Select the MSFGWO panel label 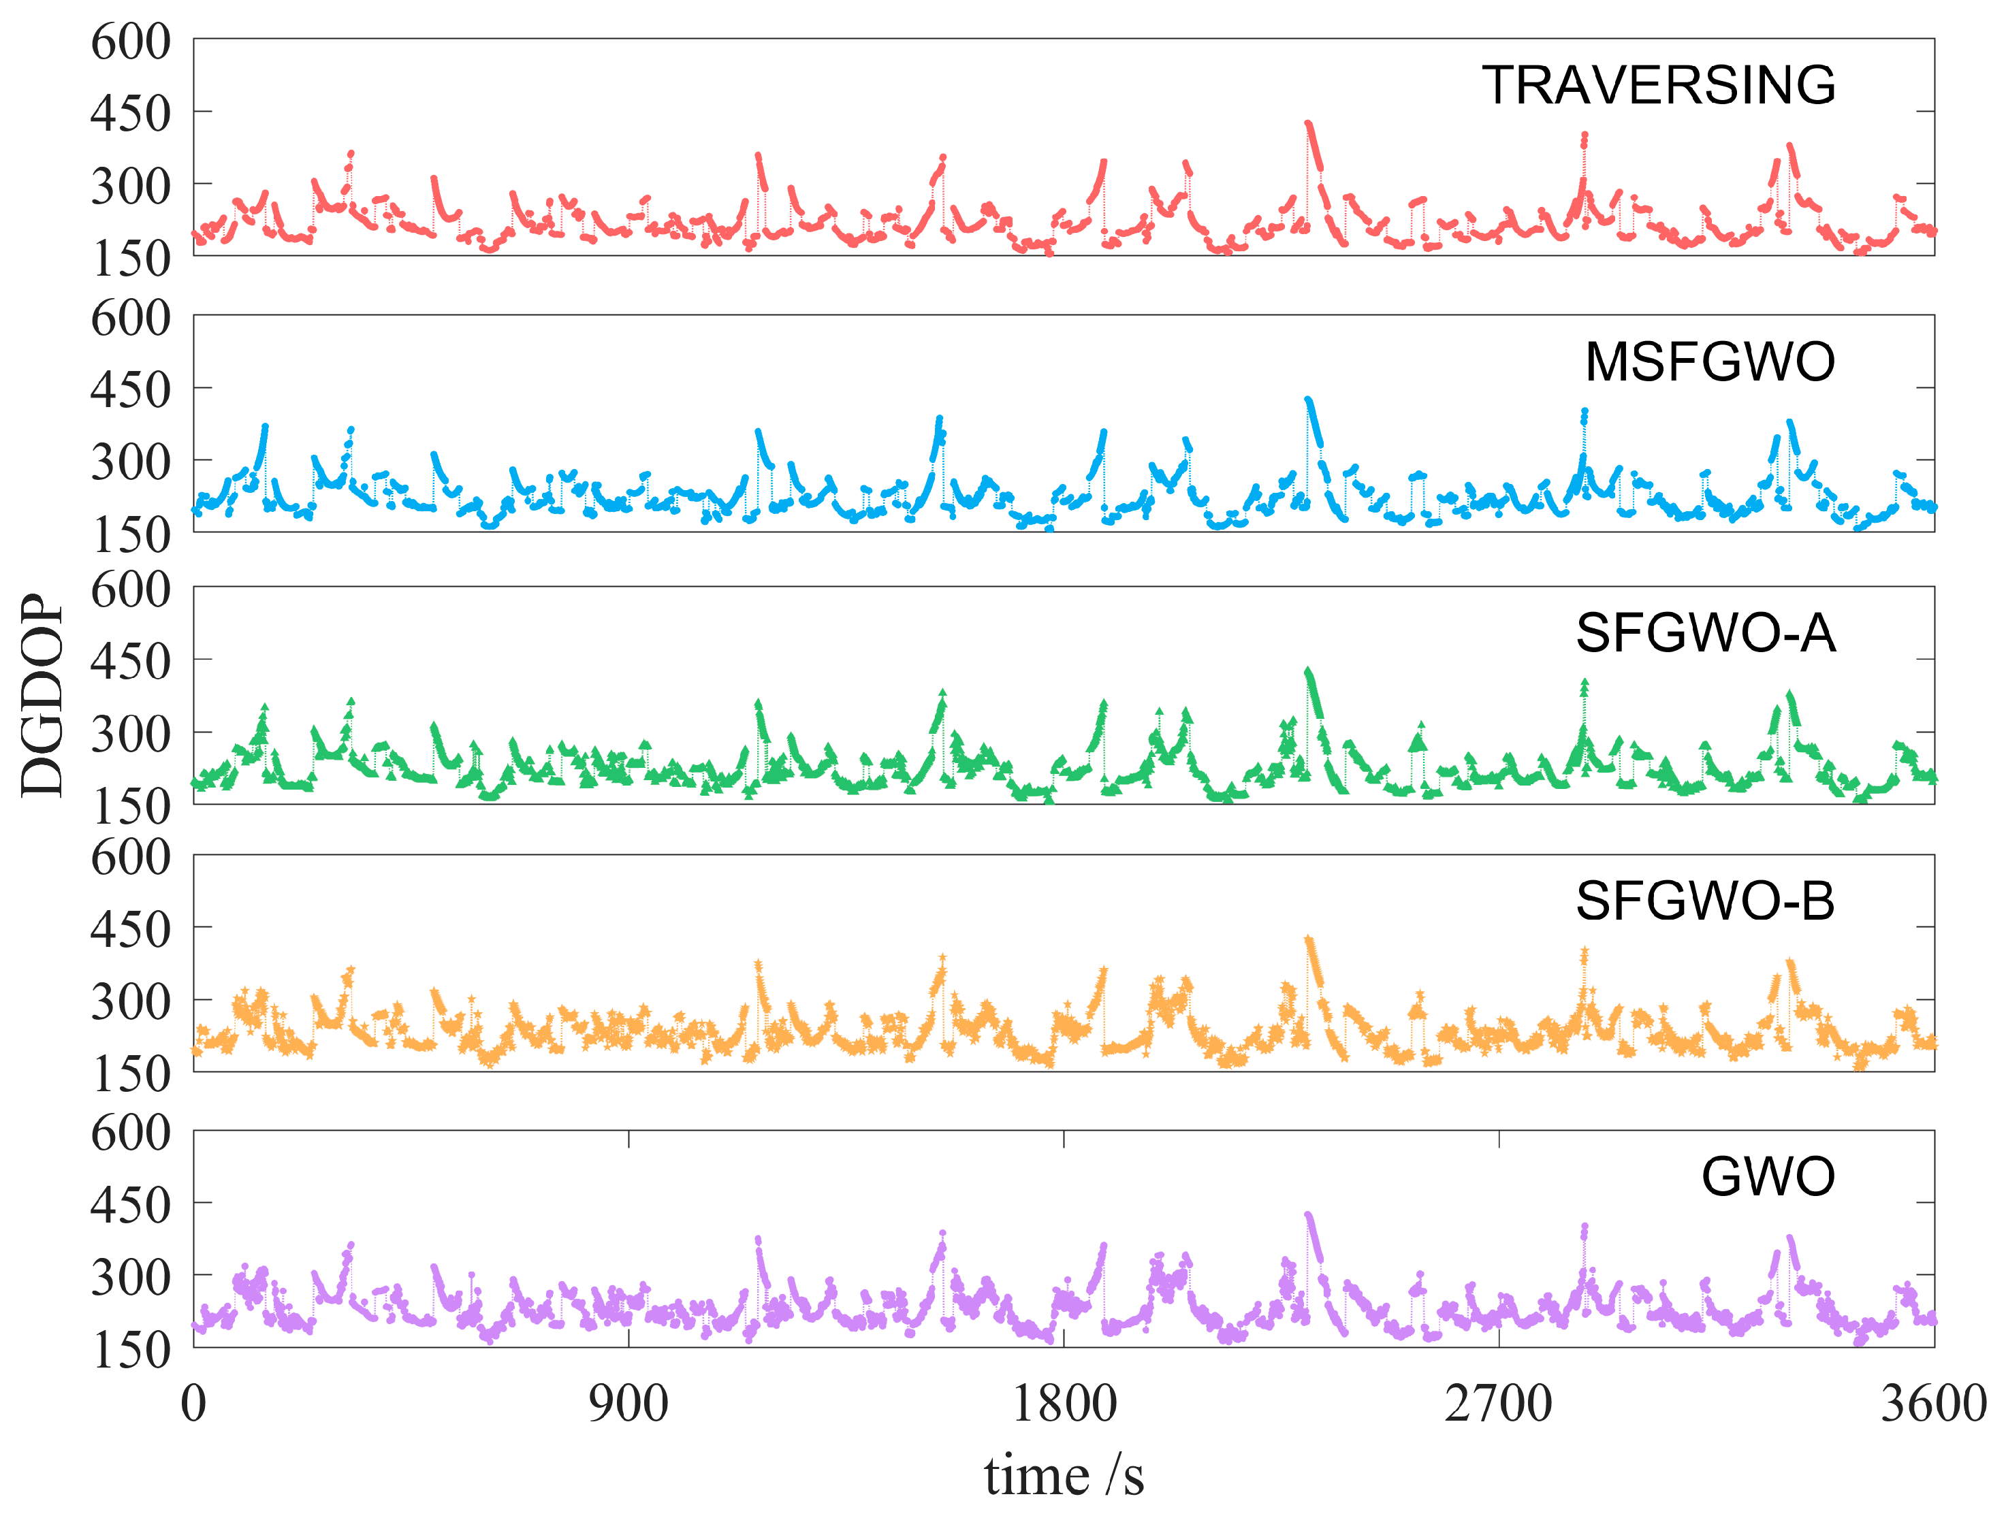pyautogui.click(x=1709, y=362)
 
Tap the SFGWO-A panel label pyautogui.click(x=1705, y=633)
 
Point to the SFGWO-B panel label pyautogui.click(x=1705, y=901)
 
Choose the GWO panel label pyautogui.click(x=1768, y=1177)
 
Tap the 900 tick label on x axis pyautogui.click(x=628, y=1404)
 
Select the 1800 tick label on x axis pyautogui.click(x=1063, y=1404)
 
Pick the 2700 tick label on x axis pyautogui.click(x=1498, y=1404)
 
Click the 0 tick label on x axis pyautogui.click(x=193, y=1404)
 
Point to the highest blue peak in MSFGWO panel pyautogui.click(x=1307, y=400)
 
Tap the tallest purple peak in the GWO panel pyautogui.click(x=1307, y=1215)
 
